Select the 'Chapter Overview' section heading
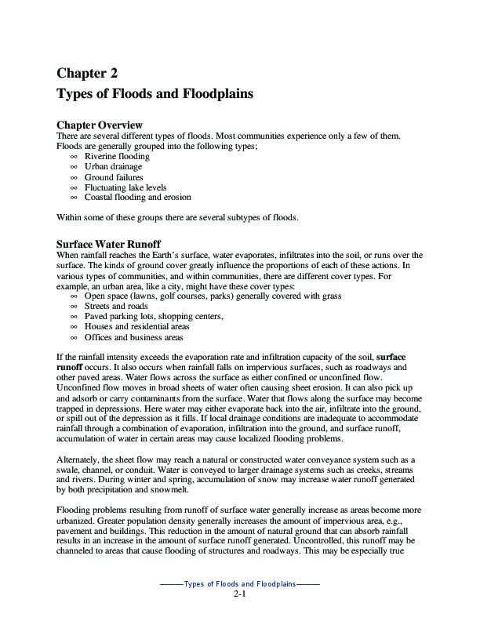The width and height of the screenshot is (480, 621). tap(100, 125)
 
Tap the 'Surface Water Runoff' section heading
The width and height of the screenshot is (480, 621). tap(111, 244)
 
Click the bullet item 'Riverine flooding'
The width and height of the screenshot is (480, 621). tap(116, 157)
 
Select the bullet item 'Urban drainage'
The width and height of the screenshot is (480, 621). tap(114, 167)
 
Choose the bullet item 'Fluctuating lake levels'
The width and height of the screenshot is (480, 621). tap(127, 187)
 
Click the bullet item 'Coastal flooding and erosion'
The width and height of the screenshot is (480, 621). tap(137, 198)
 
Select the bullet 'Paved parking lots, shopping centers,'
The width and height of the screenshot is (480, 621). tap(154, 317)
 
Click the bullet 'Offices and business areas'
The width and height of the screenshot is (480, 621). tap(133, 337)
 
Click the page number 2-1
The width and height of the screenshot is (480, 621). tap(240, 595)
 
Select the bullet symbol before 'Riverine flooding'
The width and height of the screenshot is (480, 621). tap(74, 157)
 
